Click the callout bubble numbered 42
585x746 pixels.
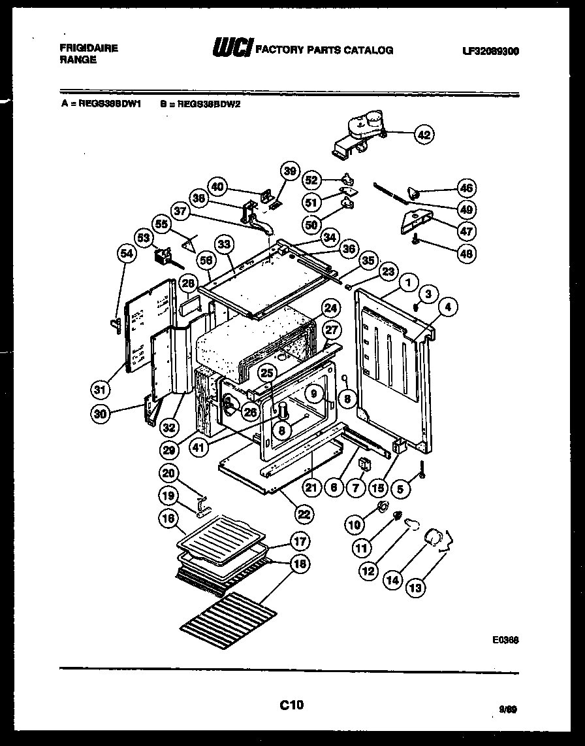tap(424, 135)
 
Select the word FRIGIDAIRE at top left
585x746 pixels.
tap(89, 48)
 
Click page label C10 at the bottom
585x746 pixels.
tap(292, 705)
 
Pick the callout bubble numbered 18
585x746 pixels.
tap(300, 565)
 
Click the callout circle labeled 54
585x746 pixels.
tap(128, 253)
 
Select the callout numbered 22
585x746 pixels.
tap(304, 513)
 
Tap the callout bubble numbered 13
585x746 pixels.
tap(415, 588)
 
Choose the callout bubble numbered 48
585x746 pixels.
tap(467, 253)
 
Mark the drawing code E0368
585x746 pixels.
tap(506, 643)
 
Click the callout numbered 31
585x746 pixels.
tap(99, 390)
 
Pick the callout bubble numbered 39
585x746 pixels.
tap(289, 171)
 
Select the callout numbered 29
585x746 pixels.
tap(169, 450)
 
